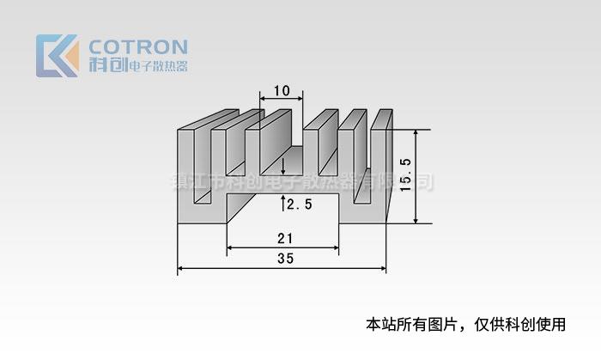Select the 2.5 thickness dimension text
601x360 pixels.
click(x=300, y=204)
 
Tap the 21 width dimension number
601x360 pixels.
click(x=282, y=238)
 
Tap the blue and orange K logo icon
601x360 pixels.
click(x=57, y=56)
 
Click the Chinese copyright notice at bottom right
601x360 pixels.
click(x=466, y=325)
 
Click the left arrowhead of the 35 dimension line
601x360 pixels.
click(x=181, y=269)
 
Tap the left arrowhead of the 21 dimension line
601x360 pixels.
click(x=230, y=249)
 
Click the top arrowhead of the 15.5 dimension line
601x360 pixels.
click(x=417, y=133)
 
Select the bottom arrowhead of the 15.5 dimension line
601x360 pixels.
click(x=417, y=221)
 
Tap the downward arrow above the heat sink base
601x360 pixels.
click(x=284, y=170)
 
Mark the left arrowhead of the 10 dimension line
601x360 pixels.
click(x=262, y=101)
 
